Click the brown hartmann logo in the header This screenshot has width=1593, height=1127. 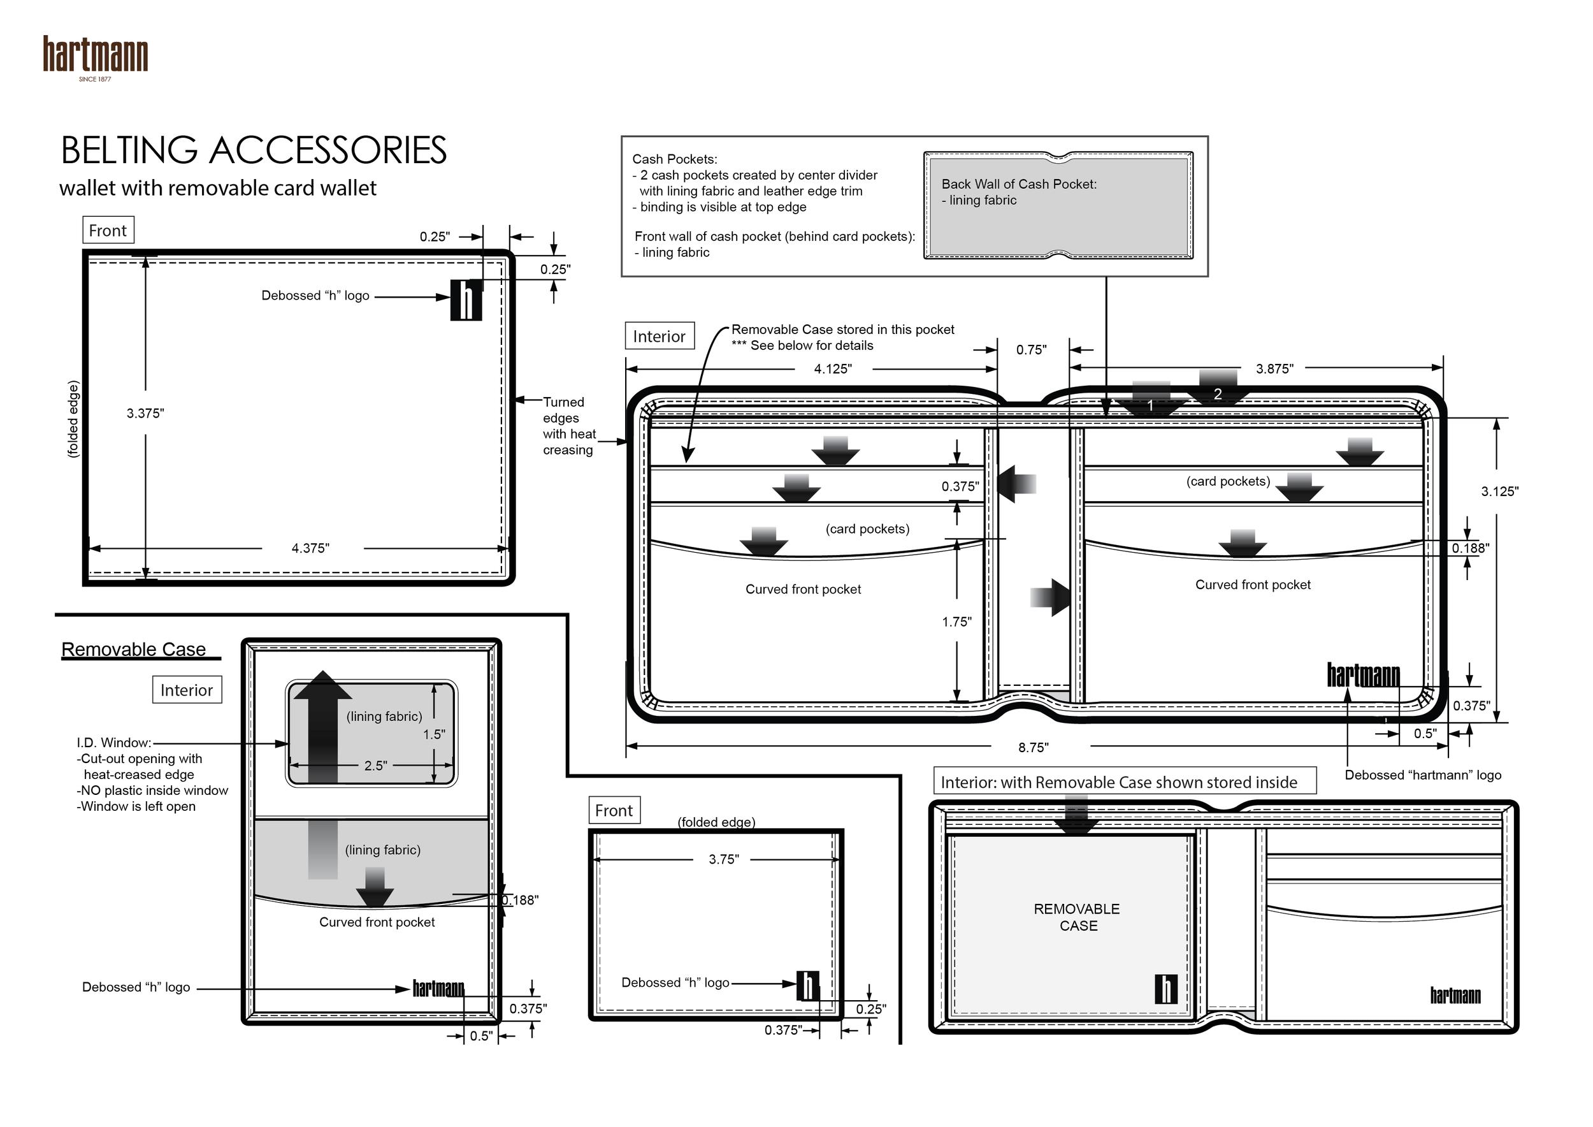pos(95,55)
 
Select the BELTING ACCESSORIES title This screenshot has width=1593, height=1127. pos(253,150)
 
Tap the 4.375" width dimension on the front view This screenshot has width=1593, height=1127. pos(310,548)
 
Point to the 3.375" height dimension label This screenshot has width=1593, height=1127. pos(145,414)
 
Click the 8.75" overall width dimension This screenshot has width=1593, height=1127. pos(1033,747)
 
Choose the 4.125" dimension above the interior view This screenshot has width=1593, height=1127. pos(833,369)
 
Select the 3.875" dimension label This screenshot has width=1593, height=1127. pos(1274,369)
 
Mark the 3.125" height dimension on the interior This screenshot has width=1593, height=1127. pos(1499,491)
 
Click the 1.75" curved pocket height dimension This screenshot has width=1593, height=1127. pos(957,622)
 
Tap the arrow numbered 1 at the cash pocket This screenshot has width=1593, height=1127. pos(1150,402)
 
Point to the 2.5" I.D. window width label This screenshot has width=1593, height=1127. pos(375,766)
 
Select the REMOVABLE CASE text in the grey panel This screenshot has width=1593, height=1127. pos(1077,917)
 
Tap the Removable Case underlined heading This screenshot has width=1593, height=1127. pos(134,650)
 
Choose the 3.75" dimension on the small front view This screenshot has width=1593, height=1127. pos(724,859)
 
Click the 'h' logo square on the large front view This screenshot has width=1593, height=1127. pos(466,300)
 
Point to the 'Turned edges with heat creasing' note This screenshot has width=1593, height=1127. pos(569,426)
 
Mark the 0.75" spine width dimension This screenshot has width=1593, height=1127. pos(1031,350)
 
